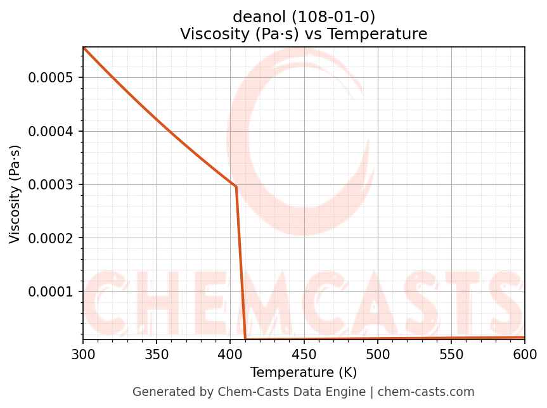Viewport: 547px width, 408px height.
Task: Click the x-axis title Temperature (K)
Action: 304,372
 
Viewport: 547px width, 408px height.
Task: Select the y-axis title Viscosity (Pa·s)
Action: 15,194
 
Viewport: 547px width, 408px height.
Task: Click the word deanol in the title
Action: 261,16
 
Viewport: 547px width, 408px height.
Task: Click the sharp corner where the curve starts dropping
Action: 236,187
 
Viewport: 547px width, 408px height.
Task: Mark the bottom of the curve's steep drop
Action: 245,339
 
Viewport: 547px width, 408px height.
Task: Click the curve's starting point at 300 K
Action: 83,48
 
